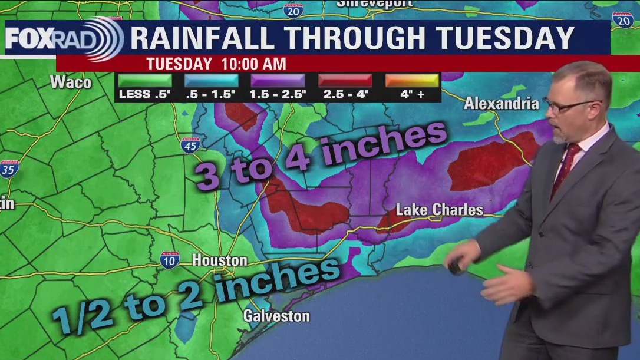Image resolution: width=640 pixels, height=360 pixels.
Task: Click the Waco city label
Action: (x=71, y=82)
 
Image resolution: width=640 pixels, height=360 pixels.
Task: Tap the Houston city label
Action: (x=219, y=260)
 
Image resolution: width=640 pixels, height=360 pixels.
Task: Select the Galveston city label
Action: (x=276, y=316)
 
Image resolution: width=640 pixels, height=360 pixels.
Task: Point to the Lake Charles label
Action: (x=439, y=210)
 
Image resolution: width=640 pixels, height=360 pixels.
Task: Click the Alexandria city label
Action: (x=501, y=104)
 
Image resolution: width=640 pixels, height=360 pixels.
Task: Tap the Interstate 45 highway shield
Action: (x=190, y=145)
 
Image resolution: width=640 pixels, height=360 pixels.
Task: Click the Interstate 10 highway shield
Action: (x=170, y=260)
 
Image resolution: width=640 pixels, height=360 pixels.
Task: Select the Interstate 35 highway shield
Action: (x=9, y=168)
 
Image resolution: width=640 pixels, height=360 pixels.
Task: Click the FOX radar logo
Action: (x=64, y=39)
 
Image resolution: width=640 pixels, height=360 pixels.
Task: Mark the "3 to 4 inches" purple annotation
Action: (x=321, y=155)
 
